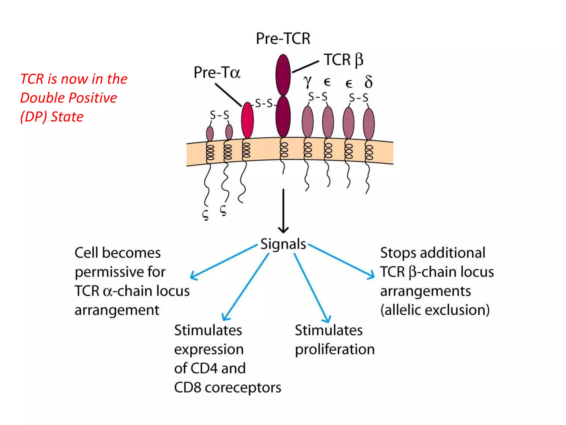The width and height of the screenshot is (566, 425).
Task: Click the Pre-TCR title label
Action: tap(283, 38)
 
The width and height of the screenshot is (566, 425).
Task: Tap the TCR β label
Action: tap(343, 60)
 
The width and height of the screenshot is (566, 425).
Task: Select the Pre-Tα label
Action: tap(217, 73)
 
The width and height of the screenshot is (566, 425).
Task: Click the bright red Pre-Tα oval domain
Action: tap(247, 120)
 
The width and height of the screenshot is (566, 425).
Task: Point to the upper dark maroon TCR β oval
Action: tap(283, 75)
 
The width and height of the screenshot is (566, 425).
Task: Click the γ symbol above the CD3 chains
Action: tap(307, 82)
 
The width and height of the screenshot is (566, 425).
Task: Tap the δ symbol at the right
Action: tap(368, 82)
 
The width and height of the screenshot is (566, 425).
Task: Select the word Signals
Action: tap(283, 244)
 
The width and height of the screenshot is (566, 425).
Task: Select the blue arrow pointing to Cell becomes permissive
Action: tap(224, 262)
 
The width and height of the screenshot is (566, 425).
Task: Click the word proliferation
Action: tap(335, 349)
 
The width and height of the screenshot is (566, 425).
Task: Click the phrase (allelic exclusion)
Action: tap(435, 310)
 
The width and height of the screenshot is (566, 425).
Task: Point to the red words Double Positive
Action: tap(69, 98)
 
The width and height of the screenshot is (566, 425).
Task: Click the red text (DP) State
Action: tap(52, 117)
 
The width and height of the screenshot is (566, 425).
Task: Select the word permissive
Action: tap(109, 272)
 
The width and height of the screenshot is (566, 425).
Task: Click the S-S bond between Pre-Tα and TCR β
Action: tap(264, 103)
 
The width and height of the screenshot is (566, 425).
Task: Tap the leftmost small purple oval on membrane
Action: tap(210, 133)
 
